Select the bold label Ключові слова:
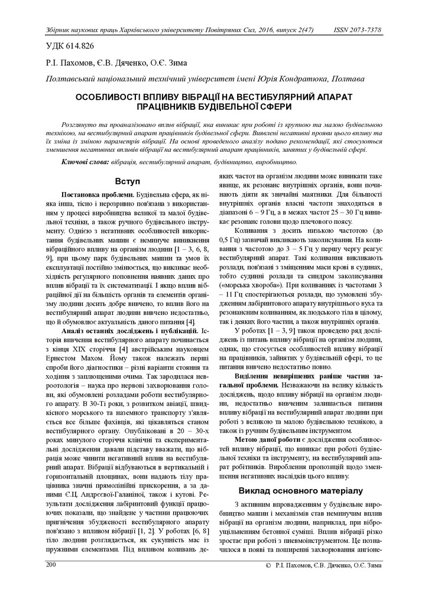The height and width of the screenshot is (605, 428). click(x=86, y=161)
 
